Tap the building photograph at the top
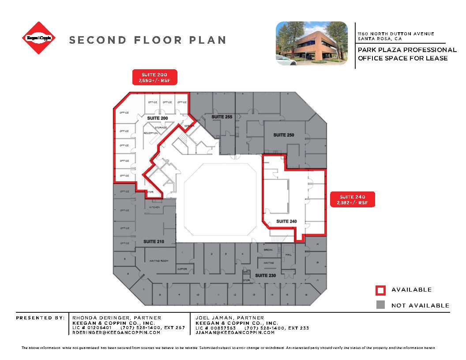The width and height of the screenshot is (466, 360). point(312,43)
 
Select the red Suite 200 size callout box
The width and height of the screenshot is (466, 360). point(155,77)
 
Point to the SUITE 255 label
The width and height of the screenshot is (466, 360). point(222,117)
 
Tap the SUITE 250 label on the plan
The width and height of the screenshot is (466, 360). point(283,135)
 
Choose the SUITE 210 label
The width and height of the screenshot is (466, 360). point(154,242)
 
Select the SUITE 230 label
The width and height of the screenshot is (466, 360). point(265,275)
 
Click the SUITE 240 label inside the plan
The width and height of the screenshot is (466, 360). point(286,221)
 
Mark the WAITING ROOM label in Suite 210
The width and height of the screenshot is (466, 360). point(159,261)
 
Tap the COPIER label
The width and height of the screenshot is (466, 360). point(182,269)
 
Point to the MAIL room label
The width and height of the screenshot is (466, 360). point(289,255)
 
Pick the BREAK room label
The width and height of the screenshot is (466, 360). point(268,250)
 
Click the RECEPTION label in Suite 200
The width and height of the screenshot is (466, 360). point(151,133)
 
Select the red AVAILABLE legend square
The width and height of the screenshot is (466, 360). point(380,290)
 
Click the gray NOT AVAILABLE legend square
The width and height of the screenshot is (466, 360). point(380,305)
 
